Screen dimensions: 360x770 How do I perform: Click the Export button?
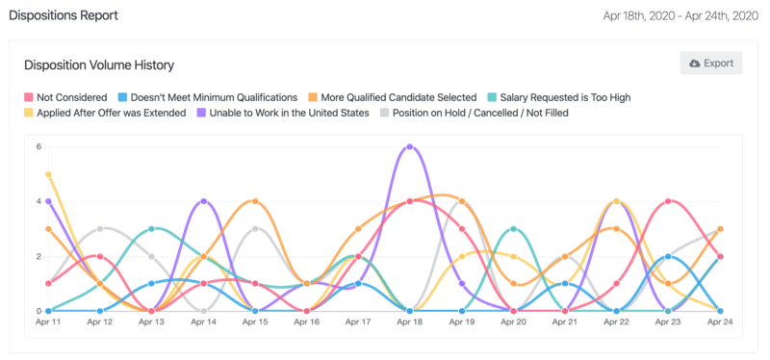(x=710, y=64)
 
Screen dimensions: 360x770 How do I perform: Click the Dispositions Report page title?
(x=64, y=15)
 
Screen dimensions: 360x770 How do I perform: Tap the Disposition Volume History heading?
(x=98, y=64)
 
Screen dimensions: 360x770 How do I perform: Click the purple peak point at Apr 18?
(x=411, y=147)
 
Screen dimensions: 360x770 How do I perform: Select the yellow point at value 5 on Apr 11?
(x=48, y=174)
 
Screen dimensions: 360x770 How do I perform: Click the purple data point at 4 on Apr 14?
(x=203, y=202)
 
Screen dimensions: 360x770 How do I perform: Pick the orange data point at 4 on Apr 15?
(x=255, y=202)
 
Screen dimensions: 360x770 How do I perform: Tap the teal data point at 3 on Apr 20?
(x=514, y=229)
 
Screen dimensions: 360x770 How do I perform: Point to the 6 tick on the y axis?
(x=38, y=147)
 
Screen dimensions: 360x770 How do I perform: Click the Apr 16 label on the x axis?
(x=306, y=323)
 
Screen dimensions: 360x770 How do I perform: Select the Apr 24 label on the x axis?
(x=720, y=323)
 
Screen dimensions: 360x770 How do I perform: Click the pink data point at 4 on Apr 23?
(x=669, y=202)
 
